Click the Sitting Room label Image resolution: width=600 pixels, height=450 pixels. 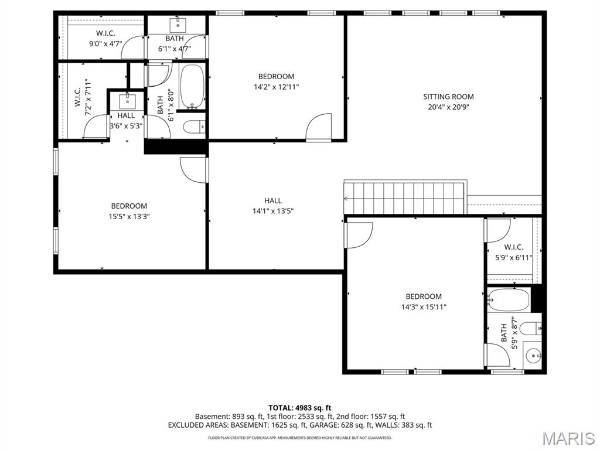click(448, 97)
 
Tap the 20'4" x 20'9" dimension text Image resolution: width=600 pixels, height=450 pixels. click(448, 107)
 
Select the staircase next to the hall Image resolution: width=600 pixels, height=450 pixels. click(404, 198)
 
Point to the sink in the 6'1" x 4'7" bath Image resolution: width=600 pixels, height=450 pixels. click(177, 25)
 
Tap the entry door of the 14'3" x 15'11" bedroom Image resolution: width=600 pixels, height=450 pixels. click(359, 235)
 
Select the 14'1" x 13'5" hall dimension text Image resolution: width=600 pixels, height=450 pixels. click(272, 211)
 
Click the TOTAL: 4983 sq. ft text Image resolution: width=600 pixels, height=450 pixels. click(300, 407)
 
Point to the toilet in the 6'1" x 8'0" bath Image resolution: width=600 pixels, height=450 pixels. click(194, 126)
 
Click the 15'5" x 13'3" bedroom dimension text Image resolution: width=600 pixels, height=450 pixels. click(129, 216)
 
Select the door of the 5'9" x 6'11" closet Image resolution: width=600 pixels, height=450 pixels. click(499, 229)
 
